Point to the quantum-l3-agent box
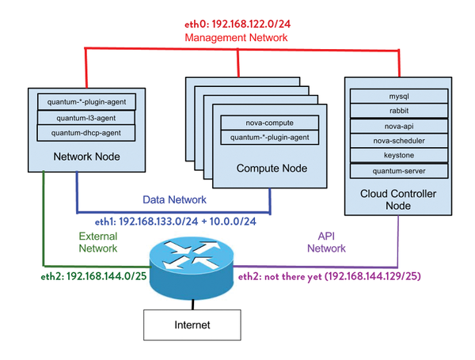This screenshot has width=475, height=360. (x=86, y=117)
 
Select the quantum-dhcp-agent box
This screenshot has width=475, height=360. (x=86, y=132)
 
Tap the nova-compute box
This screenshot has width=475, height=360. (x=269, y=123)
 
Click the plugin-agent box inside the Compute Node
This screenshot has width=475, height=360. (x=269, y=138)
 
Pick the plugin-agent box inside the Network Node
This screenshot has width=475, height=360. (x=86, y=101)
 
